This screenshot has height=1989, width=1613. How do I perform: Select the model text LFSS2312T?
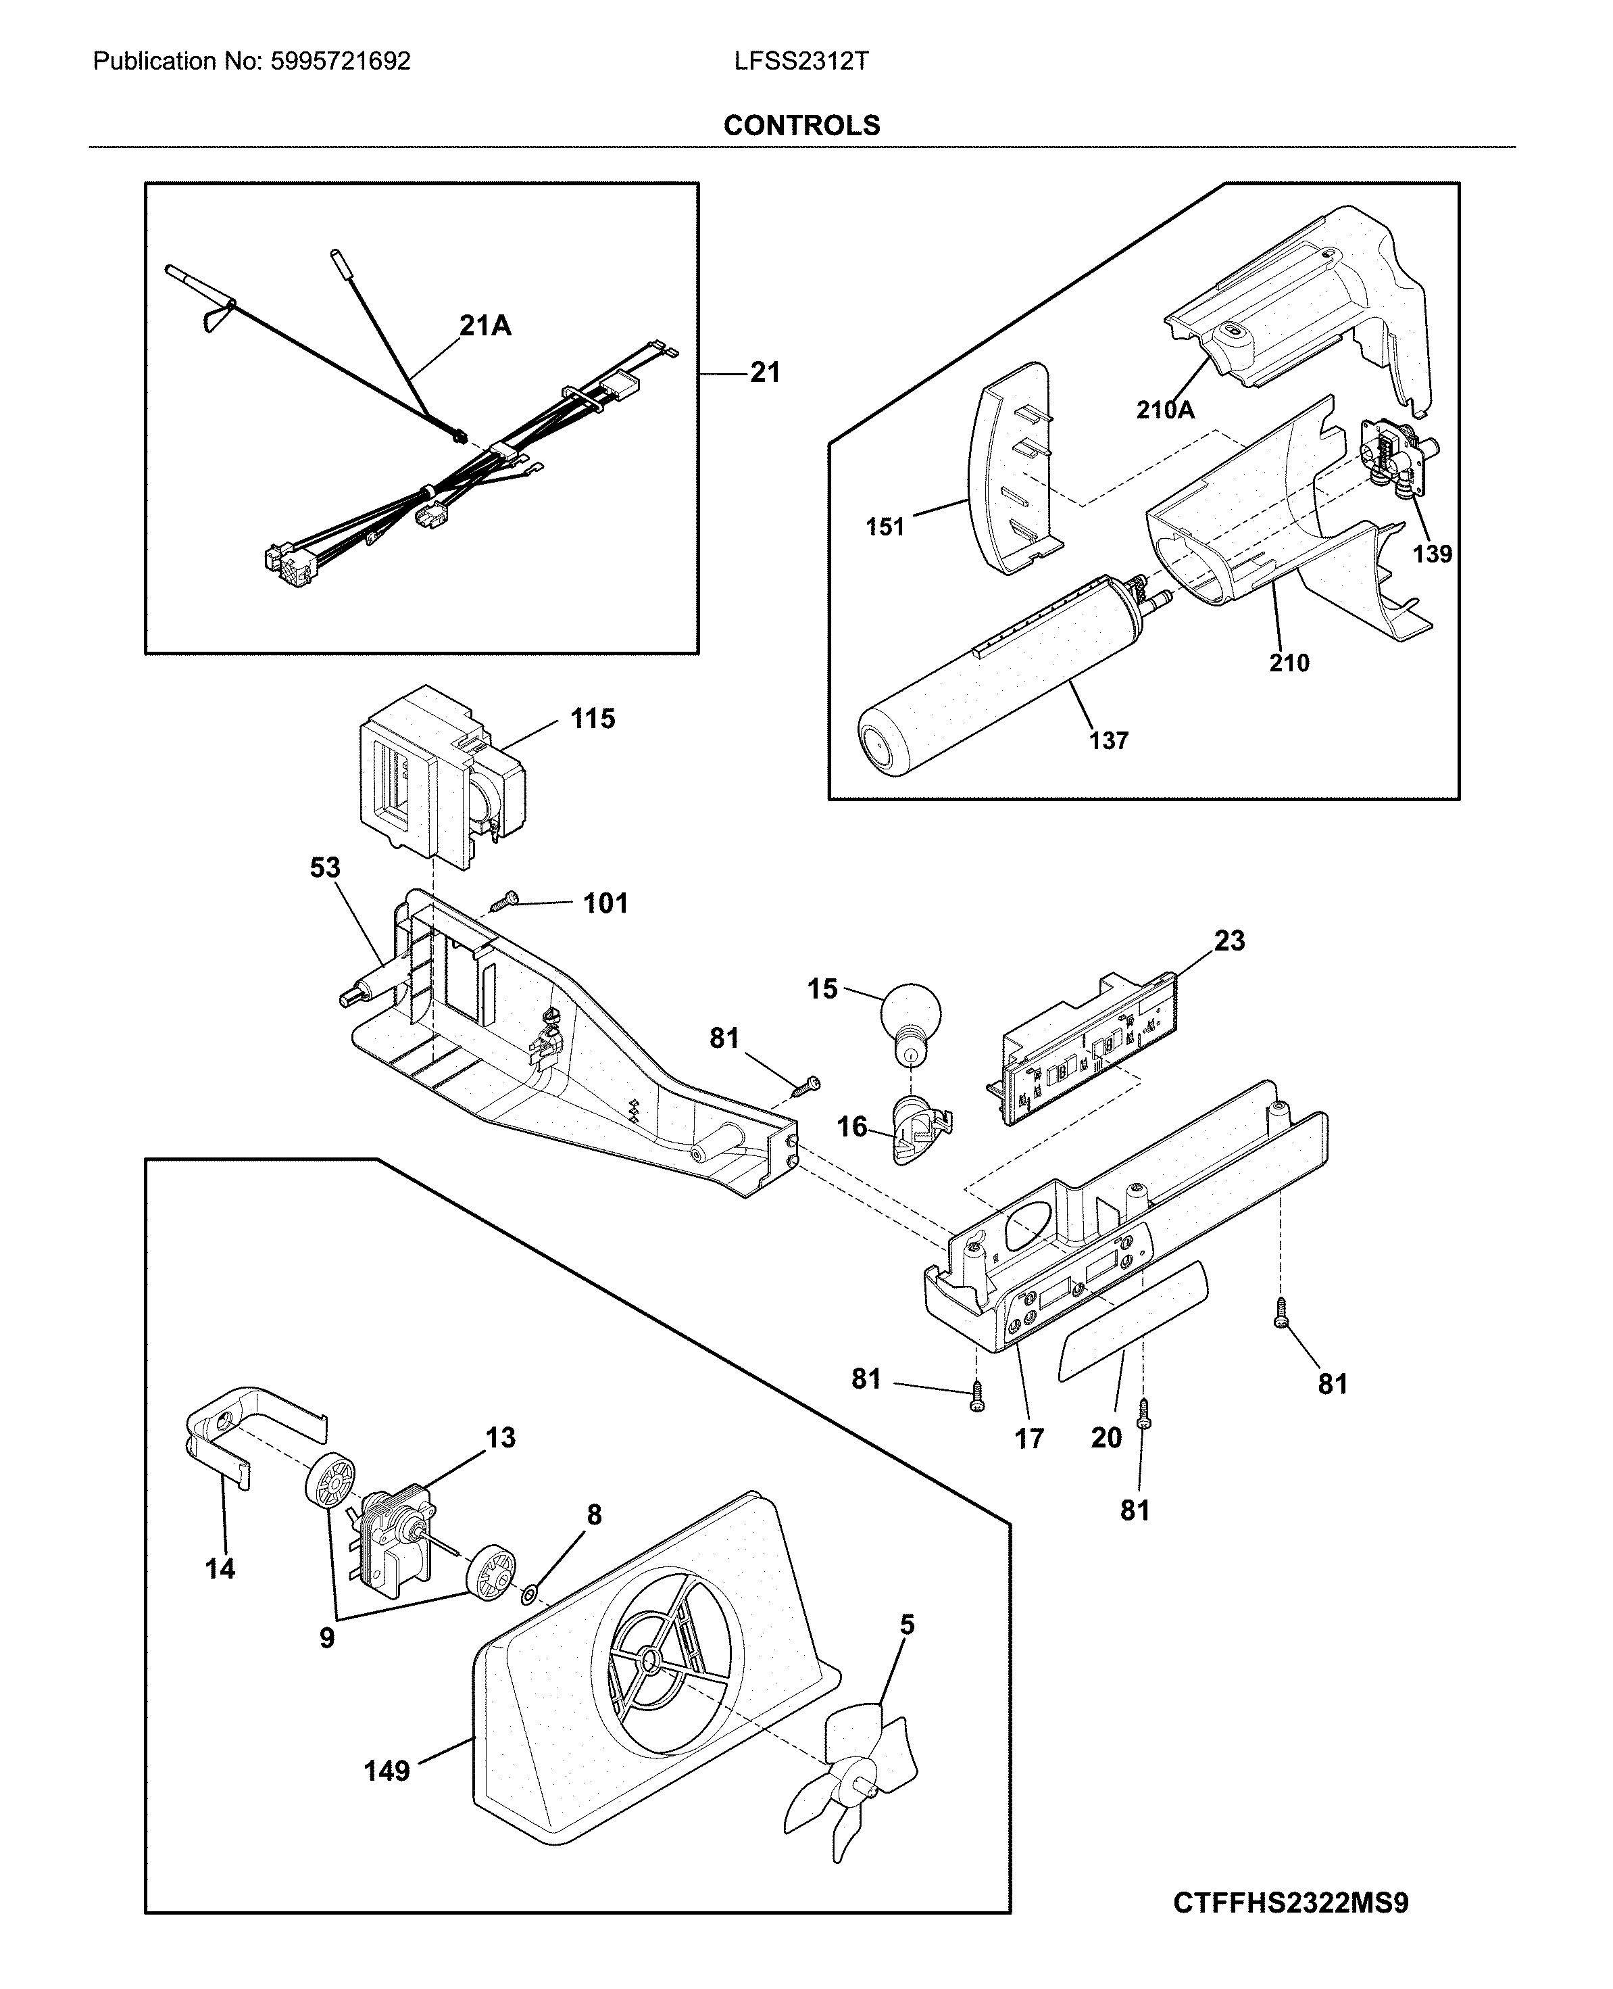tap(801, 62)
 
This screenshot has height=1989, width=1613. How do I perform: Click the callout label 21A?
tap(485, 325)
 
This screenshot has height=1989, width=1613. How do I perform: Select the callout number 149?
tap(387, 1771)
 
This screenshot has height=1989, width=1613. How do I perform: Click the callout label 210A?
tap(1165, 409)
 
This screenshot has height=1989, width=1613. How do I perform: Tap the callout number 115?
tap(593, 719)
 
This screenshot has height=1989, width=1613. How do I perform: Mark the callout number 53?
tap(325, 867)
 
